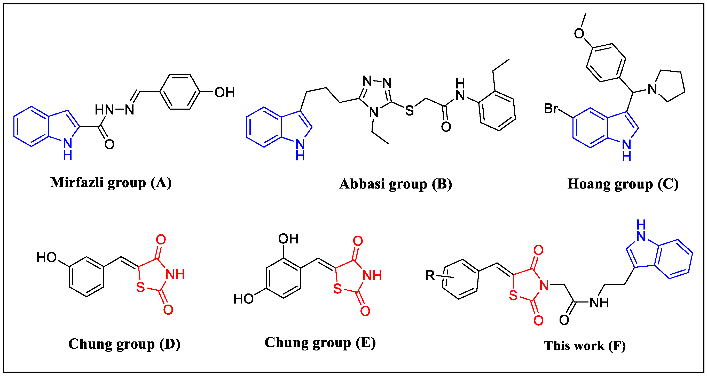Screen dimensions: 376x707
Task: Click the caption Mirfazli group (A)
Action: click(111, 183)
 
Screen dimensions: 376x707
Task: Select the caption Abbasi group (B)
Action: click(396, 184)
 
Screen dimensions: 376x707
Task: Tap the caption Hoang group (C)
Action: click(623, 184)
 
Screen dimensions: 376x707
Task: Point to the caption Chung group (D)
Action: click(124, 344)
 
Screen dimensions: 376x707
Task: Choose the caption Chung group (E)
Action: click(320, 342)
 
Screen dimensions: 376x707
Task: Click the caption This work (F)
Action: click(585, 346)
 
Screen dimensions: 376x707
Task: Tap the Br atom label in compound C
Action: click(551, 109)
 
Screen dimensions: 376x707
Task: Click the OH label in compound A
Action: click(224, 93)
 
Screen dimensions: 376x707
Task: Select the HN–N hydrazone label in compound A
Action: click(114, 110)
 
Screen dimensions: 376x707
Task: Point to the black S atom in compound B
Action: click(409, 111)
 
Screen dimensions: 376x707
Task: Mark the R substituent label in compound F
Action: click(430, 275)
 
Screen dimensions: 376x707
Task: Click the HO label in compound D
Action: click(47, 258)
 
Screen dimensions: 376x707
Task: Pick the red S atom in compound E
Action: click(337, 289)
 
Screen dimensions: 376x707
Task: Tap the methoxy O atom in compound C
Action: click(579, 34)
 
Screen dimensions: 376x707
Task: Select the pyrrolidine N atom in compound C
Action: click(652, 89)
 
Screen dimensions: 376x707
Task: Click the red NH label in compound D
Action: click(175, 274)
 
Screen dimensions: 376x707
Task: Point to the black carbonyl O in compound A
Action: click(109, 144)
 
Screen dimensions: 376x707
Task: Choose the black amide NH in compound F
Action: click(599, 303)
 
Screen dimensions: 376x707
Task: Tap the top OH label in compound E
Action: click(288, 239)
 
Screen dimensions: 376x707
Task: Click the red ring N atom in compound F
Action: click(544, 285)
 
